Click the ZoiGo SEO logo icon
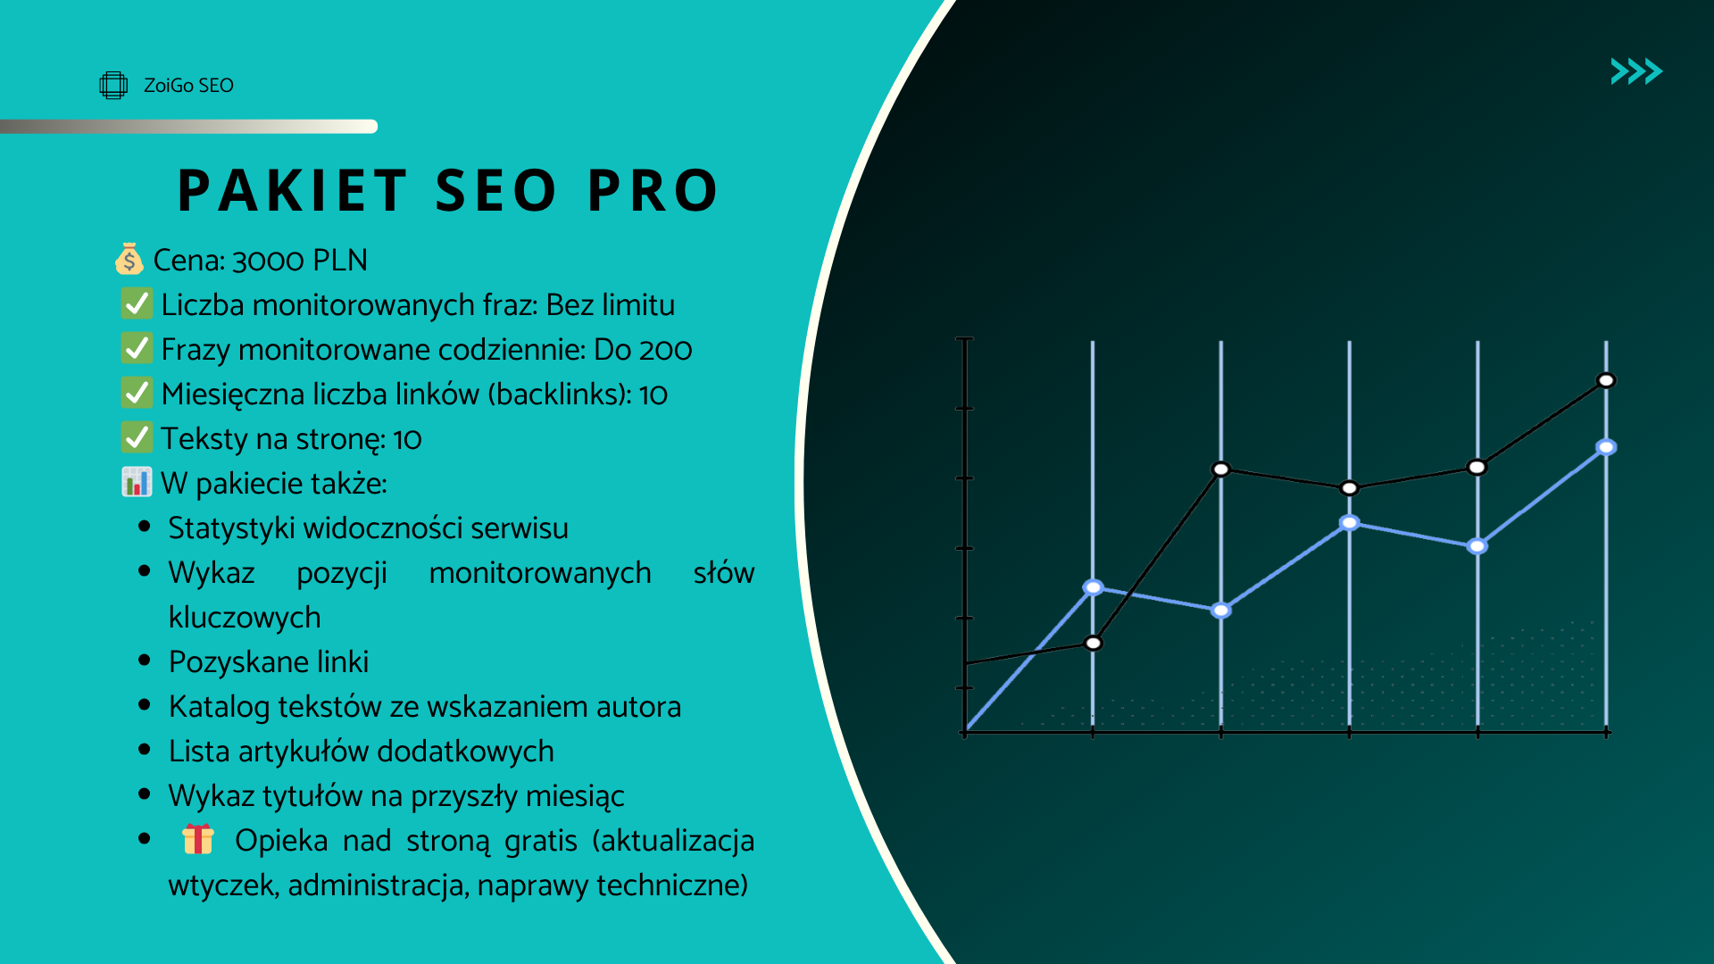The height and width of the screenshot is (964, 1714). point(113,85)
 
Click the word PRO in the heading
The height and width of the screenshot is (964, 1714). point(653,190)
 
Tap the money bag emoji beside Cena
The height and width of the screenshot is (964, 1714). point(129,259)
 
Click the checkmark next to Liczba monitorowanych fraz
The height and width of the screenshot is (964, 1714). point(137,303)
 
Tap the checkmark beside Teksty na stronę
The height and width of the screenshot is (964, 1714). point(137,437)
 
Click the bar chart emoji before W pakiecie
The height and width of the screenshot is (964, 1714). point(137,482)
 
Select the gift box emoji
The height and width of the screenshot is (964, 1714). point(198,839)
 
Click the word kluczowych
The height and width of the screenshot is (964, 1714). point(245,618)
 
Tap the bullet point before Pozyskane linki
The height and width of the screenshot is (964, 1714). point(145,661)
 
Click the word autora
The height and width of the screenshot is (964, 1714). point(638,707)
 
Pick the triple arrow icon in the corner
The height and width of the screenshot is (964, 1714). point(1636,71)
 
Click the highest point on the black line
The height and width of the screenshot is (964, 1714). point(1606,380)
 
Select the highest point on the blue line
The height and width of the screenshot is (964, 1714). point(1606,447)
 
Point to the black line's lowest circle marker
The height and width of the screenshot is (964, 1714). point(1094,643)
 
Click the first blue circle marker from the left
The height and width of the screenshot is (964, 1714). point(1093,587)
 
